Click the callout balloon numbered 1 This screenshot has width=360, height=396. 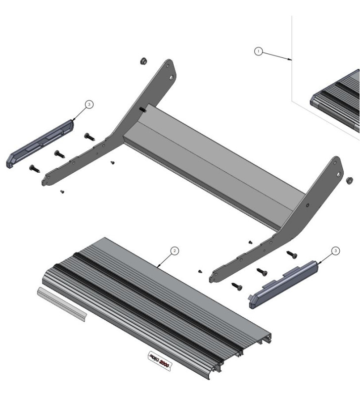[x=257, y=51]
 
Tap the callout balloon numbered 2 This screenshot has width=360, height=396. [x=174, y=251]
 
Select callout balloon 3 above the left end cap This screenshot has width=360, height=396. [x=89, y=104]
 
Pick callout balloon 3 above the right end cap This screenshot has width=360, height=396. [x=336, y=251]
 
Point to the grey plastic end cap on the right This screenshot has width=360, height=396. [x=282, y=284]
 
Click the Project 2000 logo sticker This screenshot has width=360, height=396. [x=160, y=360]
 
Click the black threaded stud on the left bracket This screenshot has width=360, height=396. [x=143, y=110]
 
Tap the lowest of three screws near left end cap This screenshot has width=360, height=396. [x=34, y=168]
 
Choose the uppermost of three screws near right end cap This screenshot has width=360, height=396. [x=291, y=254]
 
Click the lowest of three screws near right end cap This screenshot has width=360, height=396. [x=237, y=286]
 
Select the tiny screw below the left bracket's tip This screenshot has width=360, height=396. [x=61, y=192]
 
